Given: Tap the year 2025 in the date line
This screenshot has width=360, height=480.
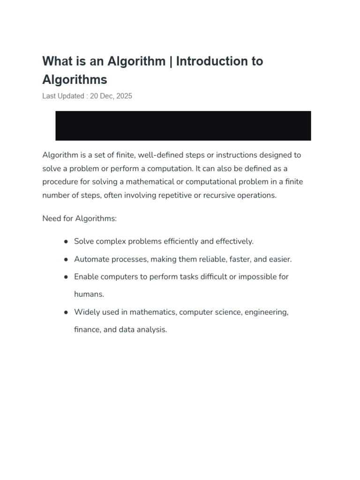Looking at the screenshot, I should click(x=124, y=96).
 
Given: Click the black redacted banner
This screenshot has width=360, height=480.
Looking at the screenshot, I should click(x=183, y=126).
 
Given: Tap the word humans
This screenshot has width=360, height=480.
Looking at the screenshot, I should click(x=89, y=294).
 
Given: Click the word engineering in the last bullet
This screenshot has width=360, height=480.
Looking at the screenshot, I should click(x=265, y=312).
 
